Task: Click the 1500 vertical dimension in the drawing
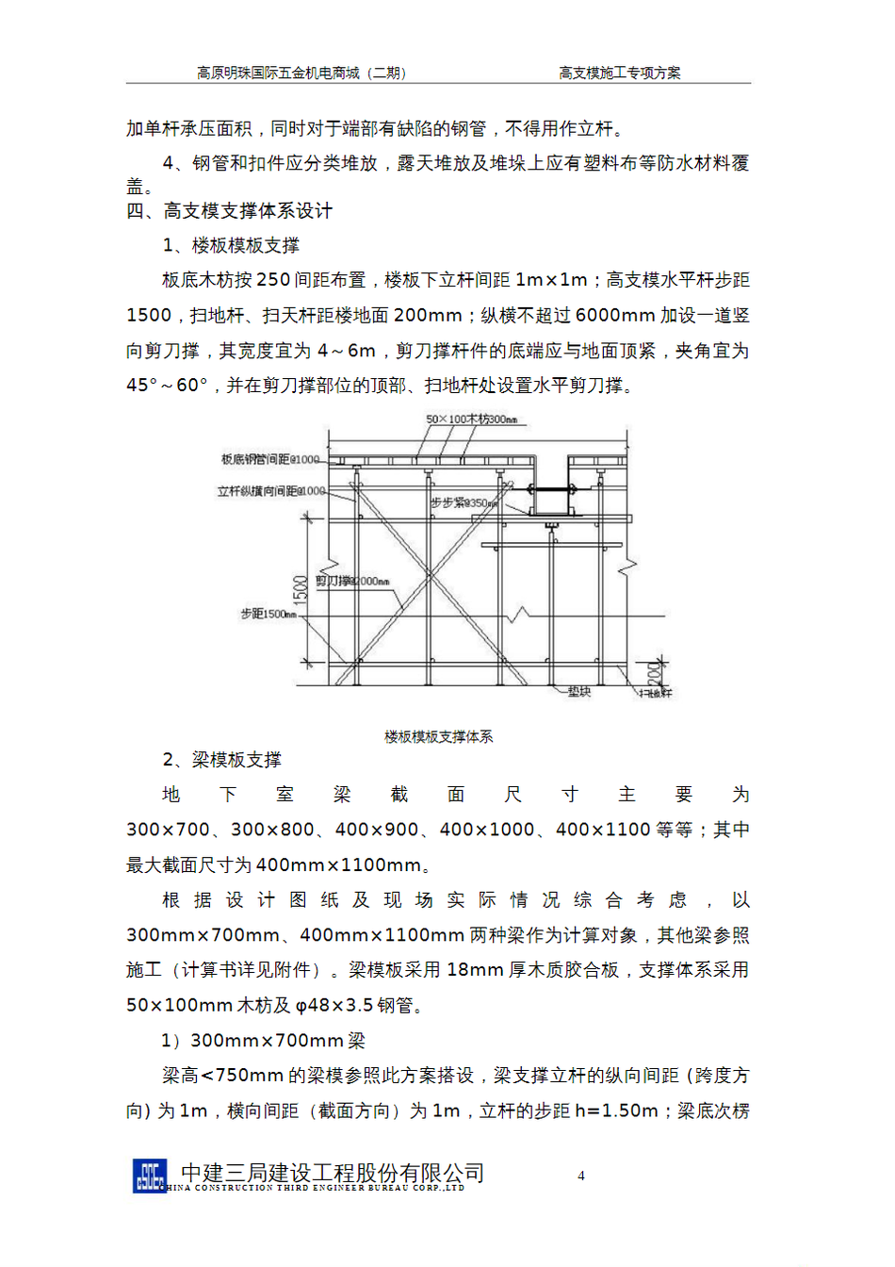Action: pyautogui.click(x=301, y=590)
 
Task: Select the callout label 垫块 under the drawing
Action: pyautogui.click(x=578, y=692)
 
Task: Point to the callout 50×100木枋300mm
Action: pyautogui.click(x=471, y=420)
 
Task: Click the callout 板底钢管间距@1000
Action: pyautogui.click(x=270, y=459)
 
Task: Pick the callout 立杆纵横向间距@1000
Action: pyautogui.click(x=270, y=491)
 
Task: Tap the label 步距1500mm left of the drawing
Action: pyautogui.click(x=268, y=615)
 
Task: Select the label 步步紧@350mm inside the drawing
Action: pyautogui.click(x=464, y=503)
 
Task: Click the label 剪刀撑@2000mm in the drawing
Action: pyautogui.click(x=352, y=581)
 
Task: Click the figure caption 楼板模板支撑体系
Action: pyautogui.click(x=438, y=736)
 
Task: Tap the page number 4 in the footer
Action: pyautogui.click(x=581, y=1176)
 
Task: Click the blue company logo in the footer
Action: pyautogui.click(x=150, y=1176)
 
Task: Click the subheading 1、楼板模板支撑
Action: pyautogui.click(x=231, y=246)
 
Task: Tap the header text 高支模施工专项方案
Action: pyautogui.click(x=619, y=73)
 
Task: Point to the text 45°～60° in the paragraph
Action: pyautogui.click(x=167, y=386)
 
